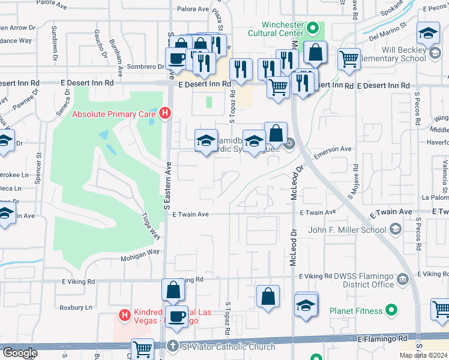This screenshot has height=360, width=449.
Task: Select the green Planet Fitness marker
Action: pos(391,311)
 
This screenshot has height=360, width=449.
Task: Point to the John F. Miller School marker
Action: pos(395,229)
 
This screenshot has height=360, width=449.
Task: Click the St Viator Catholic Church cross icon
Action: pos(172,347)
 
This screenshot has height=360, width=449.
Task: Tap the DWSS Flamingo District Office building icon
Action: pos(403,278)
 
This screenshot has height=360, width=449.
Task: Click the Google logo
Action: pos(19,352)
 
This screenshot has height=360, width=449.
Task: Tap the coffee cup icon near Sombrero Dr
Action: pos(176,59)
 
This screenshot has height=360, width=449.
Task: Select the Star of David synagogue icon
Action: pos(289,143)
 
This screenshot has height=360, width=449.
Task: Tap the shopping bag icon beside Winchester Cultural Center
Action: pos(315,53)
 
